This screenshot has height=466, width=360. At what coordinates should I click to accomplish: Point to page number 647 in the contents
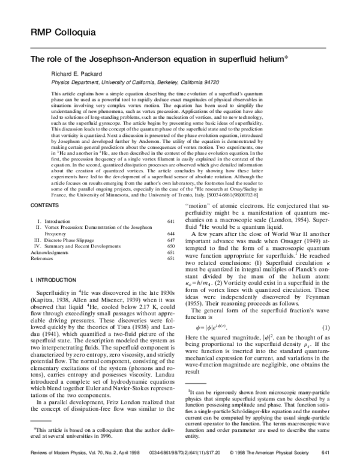(170, 238)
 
